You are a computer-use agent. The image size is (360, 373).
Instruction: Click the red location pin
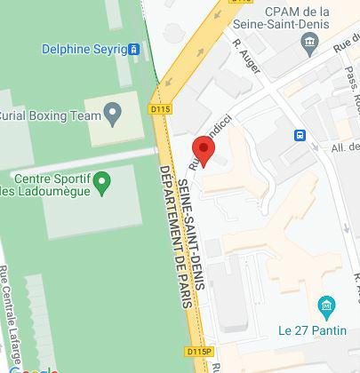click(x=204, y=151)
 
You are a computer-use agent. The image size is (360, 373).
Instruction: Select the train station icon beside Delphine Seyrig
click(x=134, y=49)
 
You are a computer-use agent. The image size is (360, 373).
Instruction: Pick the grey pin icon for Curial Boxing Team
click(x=112, y=114)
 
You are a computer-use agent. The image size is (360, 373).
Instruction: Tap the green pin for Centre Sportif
click(x=103, y=184)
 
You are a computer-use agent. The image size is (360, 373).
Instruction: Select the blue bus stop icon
click(x=301, y=135)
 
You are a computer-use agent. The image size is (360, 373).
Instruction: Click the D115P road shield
click(x=200, y=352)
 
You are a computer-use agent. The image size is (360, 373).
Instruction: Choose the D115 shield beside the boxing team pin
click(x=158, y=108)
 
